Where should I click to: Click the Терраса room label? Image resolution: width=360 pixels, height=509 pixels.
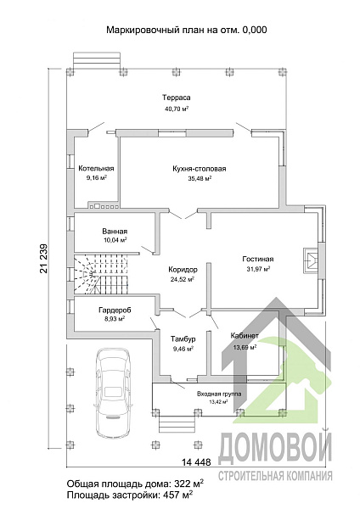(x=176, y=98)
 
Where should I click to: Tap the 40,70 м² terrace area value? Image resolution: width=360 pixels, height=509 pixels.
(x=177, y=109)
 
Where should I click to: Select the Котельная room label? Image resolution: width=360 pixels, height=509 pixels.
(x=96, y=169)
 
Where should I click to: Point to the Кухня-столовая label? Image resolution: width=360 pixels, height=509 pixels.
(x=200, y=169)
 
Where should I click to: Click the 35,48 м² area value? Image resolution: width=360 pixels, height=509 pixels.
(x=200, y=178)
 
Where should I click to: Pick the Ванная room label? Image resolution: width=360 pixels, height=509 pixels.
(x=115, y=232)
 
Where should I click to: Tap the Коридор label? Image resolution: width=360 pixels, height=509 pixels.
(x=183, y=270)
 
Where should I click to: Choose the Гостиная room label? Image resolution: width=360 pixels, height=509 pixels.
(x=258, y=259)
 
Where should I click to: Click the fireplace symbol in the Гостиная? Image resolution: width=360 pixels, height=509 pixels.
(x=311, y=260)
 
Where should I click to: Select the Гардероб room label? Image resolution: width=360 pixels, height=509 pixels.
(x=115, y=310)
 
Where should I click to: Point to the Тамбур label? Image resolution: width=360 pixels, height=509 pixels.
(x=183, y=339)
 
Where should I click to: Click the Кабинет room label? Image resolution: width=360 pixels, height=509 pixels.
(x=245, y=336)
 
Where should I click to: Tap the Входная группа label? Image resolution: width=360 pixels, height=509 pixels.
(x=219, y=394)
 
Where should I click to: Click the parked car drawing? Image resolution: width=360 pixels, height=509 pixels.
(x=113, y=393)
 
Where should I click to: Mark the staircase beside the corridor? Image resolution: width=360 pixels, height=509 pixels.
(x=101, y=275)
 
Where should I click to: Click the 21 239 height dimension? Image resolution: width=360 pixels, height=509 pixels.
(x=43, y=259)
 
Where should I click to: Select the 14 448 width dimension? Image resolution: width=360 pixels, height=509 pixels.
(x=196, y=461)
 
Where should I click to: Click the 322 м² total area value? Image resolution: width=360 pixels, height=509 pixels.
(x=189, y=484)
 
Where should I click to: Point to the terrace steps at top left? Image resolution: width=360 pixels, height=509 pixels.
(x=98, y=61)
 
